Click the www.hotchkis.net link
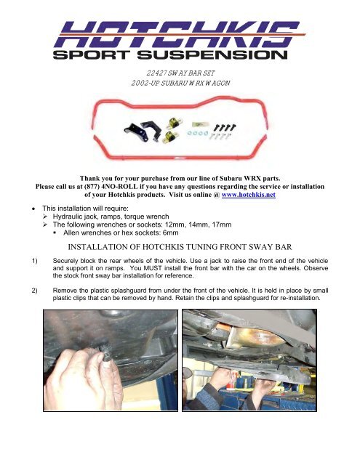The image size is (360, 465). point(249,195)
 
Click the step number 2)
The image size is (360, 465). point(35,291)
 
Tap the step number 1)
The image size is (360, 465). point(35,261)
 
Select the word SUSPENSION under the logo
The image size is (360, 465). point(212,55)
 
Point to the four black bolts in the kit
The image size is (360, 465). point(225,128)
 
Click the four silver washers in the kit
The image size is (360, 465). point(197,134)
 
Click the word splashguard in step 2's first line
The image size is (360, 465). point(129,291)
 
